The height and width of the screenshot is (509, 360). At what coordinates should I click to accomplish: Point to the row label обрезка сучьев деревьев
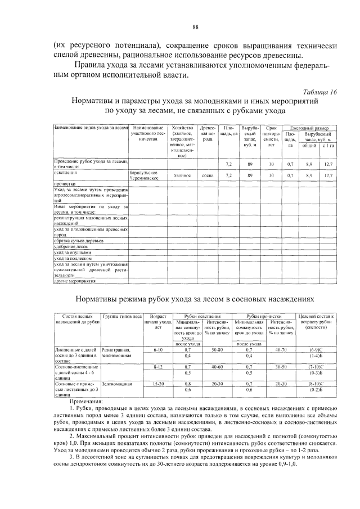pos(79,241)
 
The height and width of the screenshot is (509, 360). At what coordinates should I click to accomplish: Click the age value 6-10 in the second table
pos(157,350)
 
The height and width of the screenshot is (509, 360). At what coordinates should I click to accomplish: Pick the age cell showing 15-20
pos(157,384)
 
